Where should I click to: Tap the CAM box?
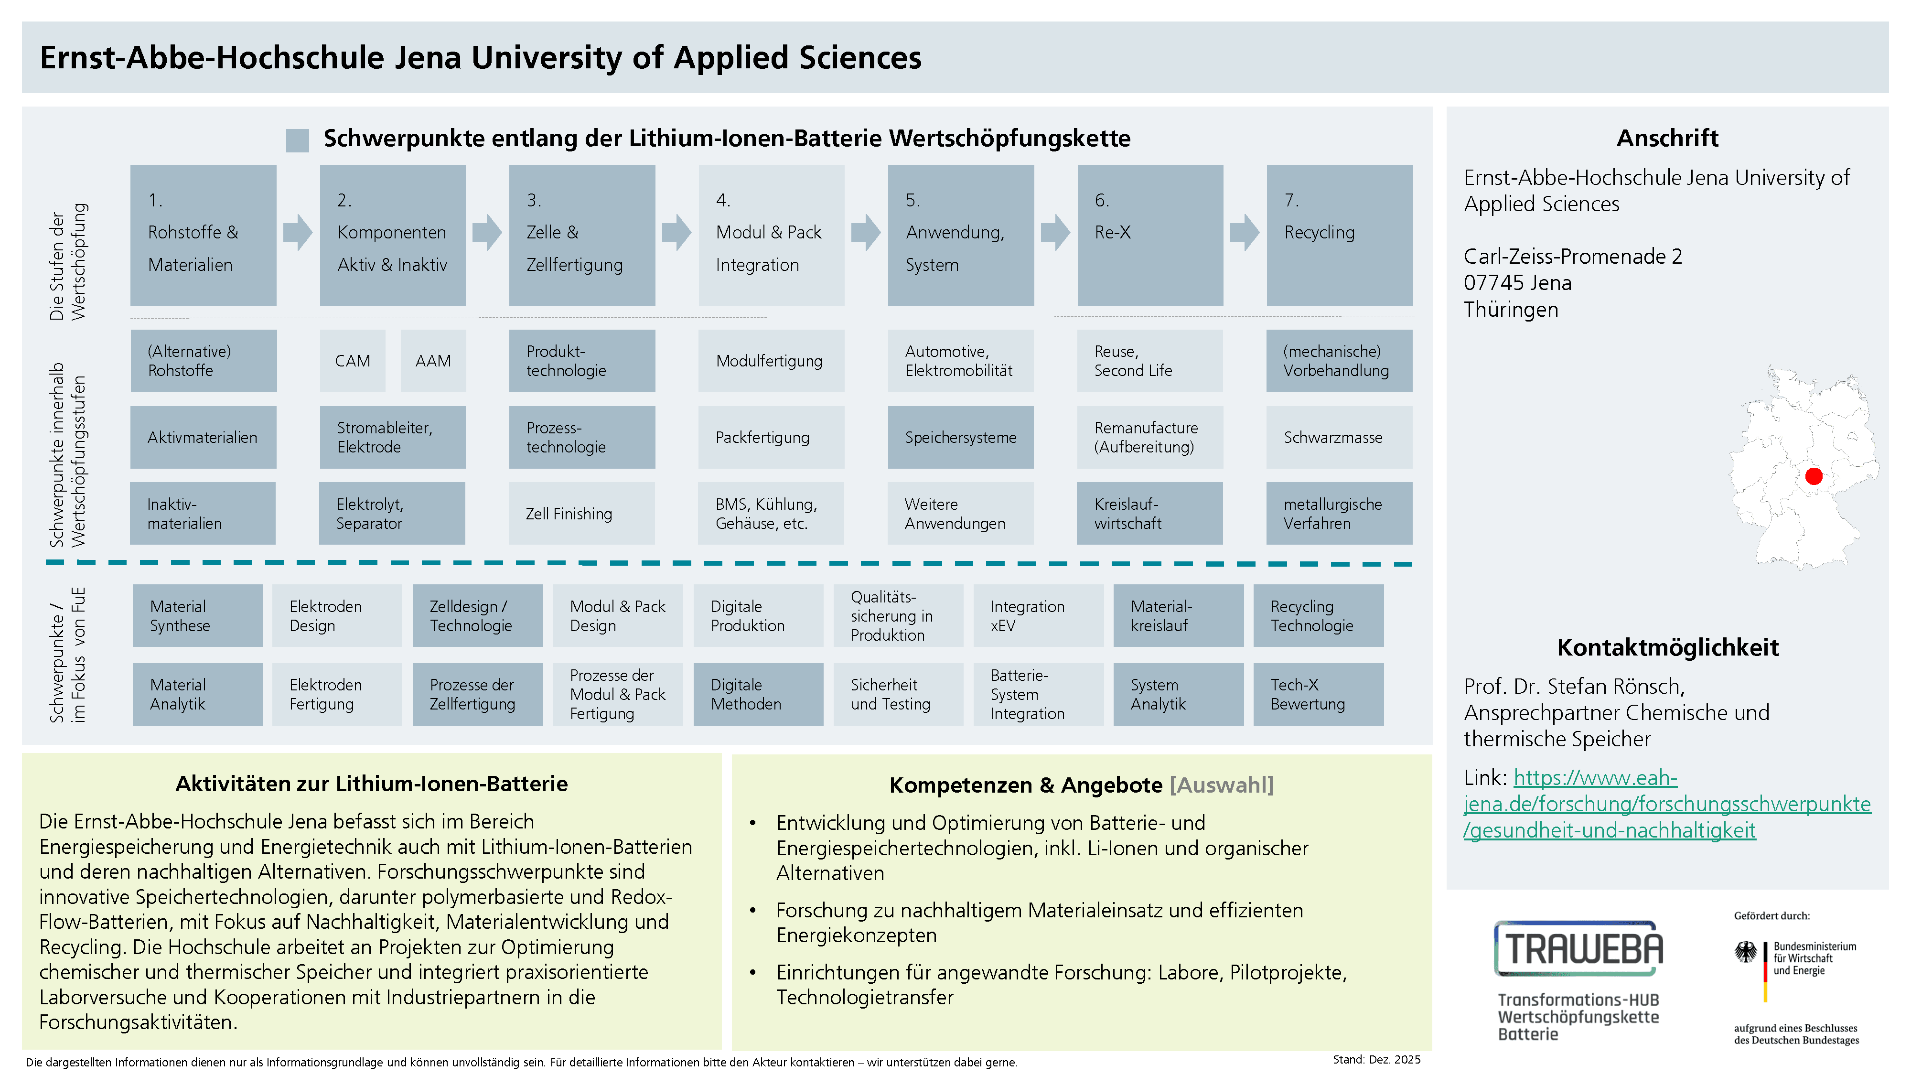(353, 361)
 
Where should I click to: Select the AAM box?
(433, 361)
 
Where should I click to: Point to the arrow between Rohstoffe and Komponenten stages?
(298, 232)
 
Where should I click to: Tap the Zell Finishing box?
(581, 514)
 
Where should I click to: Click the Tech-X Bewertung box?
(1318, 694)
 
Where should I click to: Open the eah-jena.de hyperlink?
(1666, 804)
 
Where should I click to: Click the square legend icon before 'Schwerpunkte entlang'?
(298, 140)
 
